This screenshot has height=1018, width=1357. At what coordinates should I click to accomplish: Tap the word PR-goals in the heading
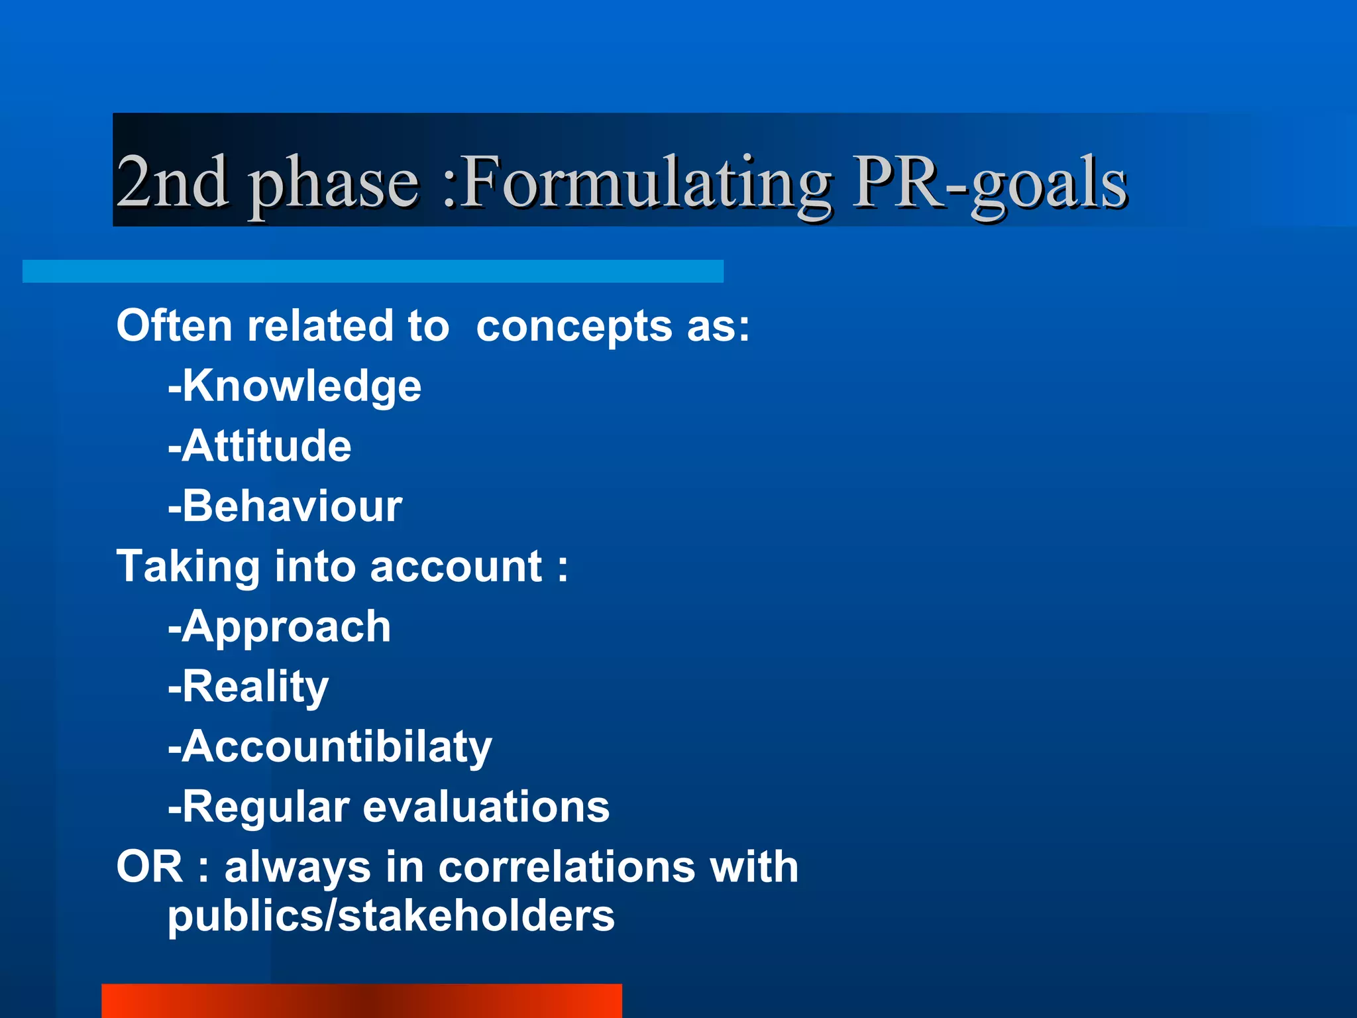[x=990, y=182]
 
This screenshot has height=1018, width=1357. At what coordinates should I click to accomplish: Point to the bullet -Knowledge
[x=295, y=386]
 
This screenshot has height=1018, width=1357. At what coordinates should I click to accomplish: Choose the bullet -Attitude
[x=260, y=445]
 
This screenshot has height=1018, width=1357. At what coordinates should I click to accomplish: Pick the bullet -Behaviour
[x=285, y=506]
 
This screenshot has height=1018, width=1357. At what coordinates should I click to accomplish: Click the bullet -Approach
[x=280, y=627]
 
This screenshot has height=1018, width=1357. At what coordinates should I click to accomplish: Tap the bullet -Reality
[x=248, y=687]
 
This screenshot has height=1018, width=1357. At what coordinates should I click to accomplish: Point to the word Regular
[x=265, y=807]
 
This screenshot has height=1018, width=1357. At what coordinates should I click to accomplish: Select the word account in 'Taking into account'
[x=456, y=567]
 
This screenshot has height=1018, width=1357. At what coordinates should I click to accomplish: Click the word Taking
[x=188, y=568]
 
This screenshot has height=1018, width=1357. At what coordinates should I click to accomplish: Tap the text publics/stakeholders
[x=391, y=917]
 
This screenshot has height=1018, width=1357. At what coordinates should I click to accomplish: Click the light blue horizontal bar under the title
[x=373, y=271]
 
